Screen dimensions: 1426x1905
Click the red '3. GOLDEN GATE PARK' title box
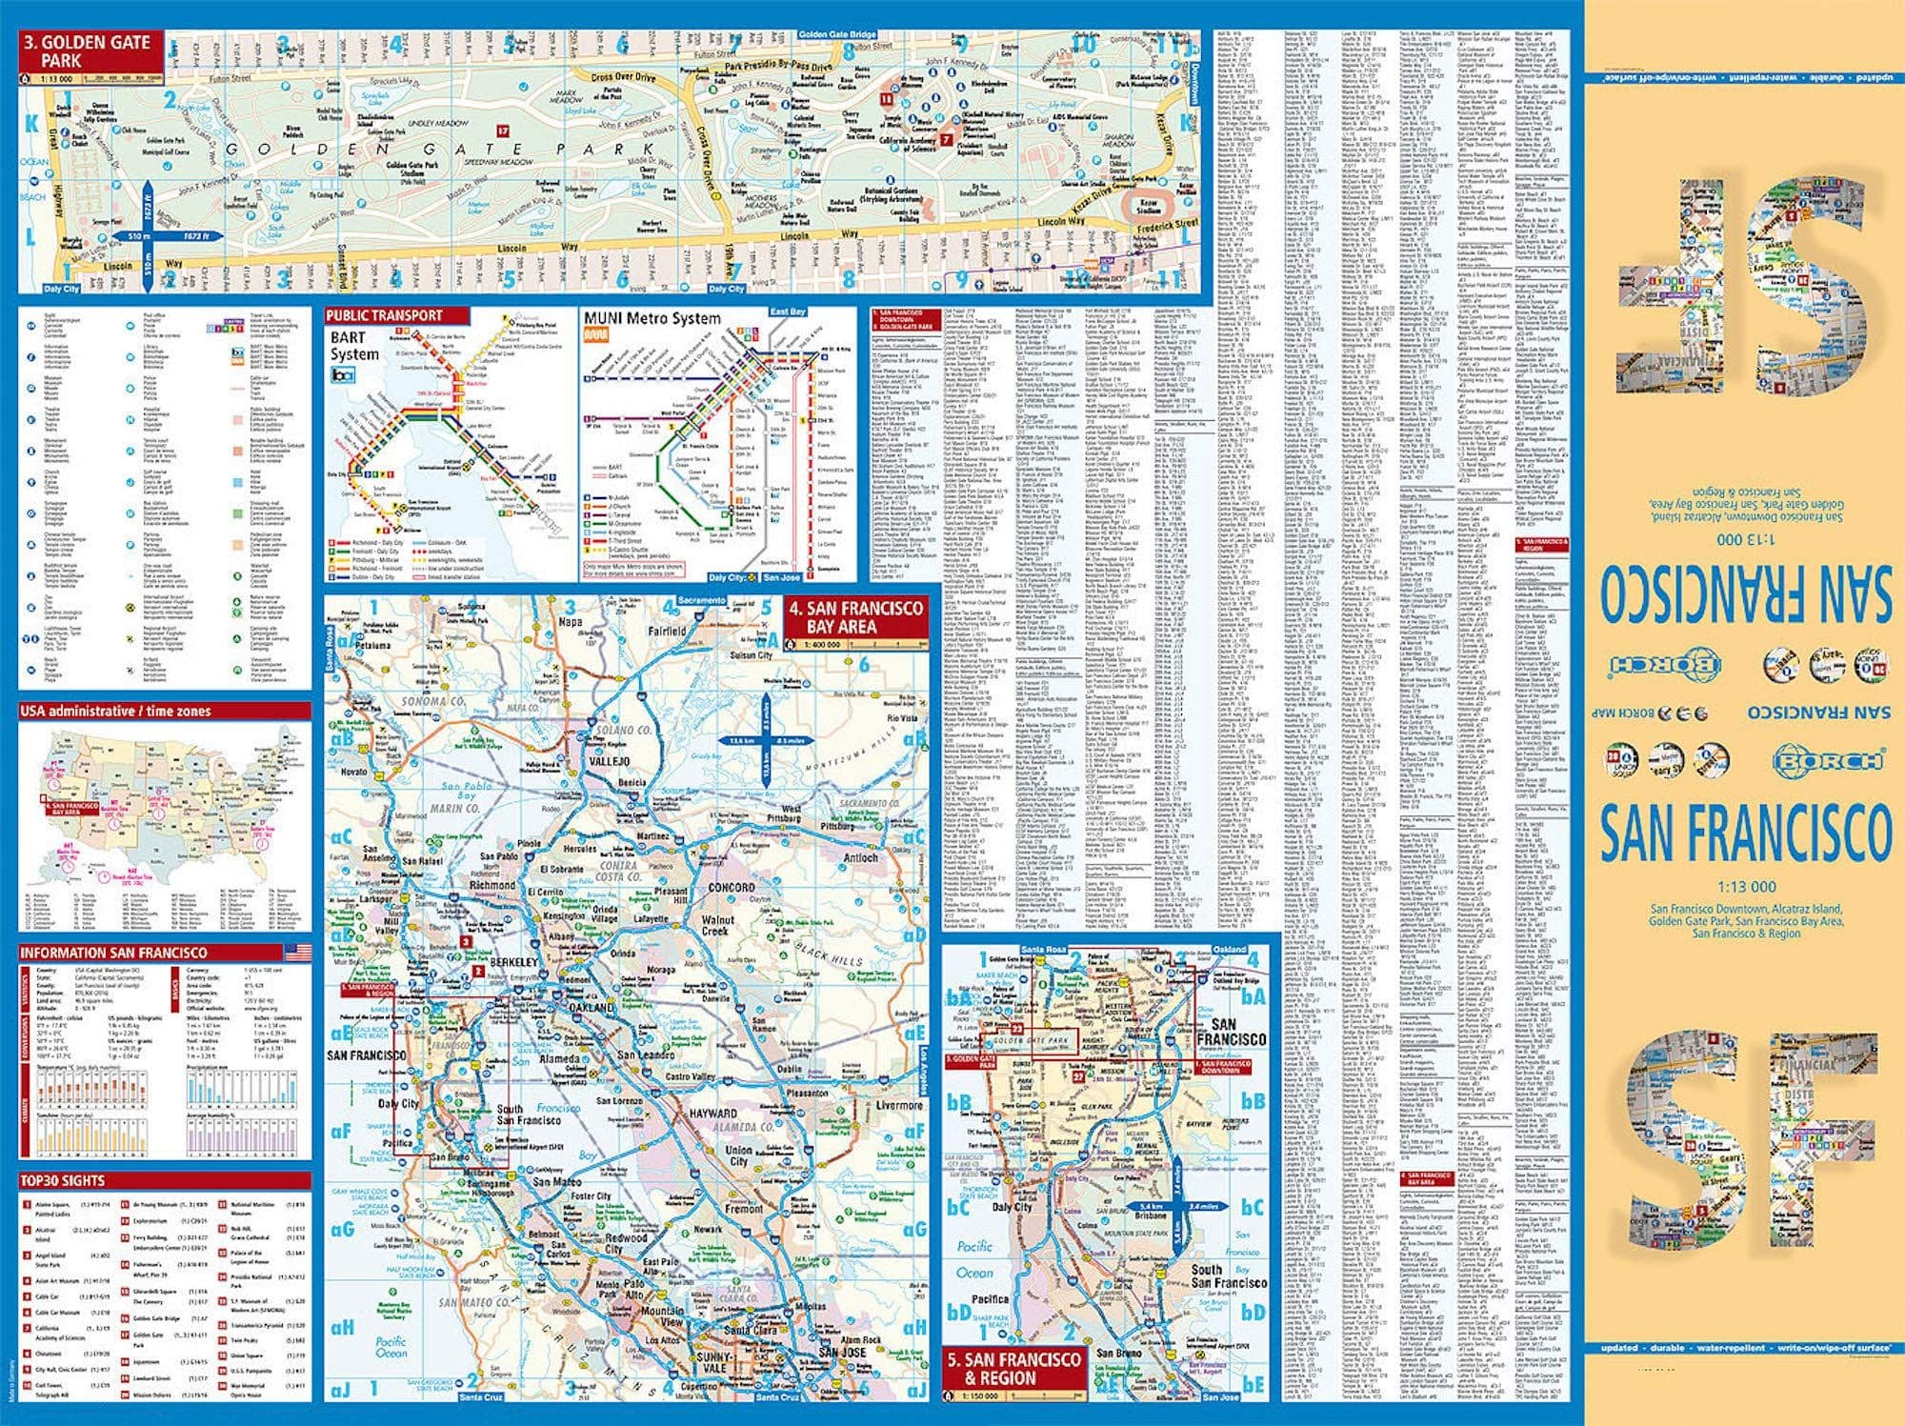coord(90,50)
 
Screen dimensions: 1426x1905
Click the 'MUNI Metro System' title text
coord(652,319)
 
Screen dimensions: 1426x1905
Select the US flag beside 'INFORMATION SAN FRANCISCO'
coord(297,953)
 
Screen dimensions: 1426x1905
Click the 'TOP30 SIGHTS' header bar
coord(164,1180)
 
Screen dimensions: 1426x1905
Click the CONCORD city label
coord(731,887)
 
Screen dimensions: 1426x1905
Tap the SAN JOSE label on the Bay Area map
coord(840,1353)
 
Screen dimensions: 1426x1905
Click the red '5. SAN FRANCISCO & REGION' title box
coord(1013,1368)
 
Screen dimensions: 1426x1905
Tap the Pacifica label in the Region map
coord(989,1298)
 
